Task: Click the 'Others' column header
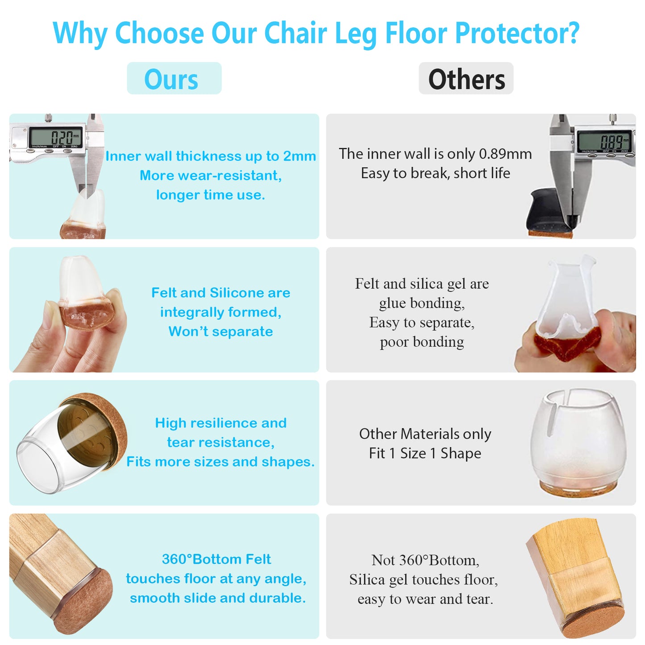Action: point(466,79)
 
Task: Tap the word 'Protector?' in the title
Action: point(516,33)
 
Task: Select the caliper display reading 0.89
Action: point(605,142)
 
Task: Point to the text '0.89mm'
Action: point(505,154)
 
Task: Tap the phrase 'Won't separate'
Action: point(221,332)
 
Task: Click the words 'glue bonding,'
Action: point(422,303)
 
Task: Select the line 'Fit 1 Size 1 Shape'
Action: point(425,454)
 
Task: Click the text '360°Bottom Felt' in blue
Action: point(216,559)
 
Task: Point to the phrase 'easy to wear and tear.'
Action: point(425,599)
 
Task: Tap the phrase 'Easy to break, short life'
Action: point(435,173)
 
